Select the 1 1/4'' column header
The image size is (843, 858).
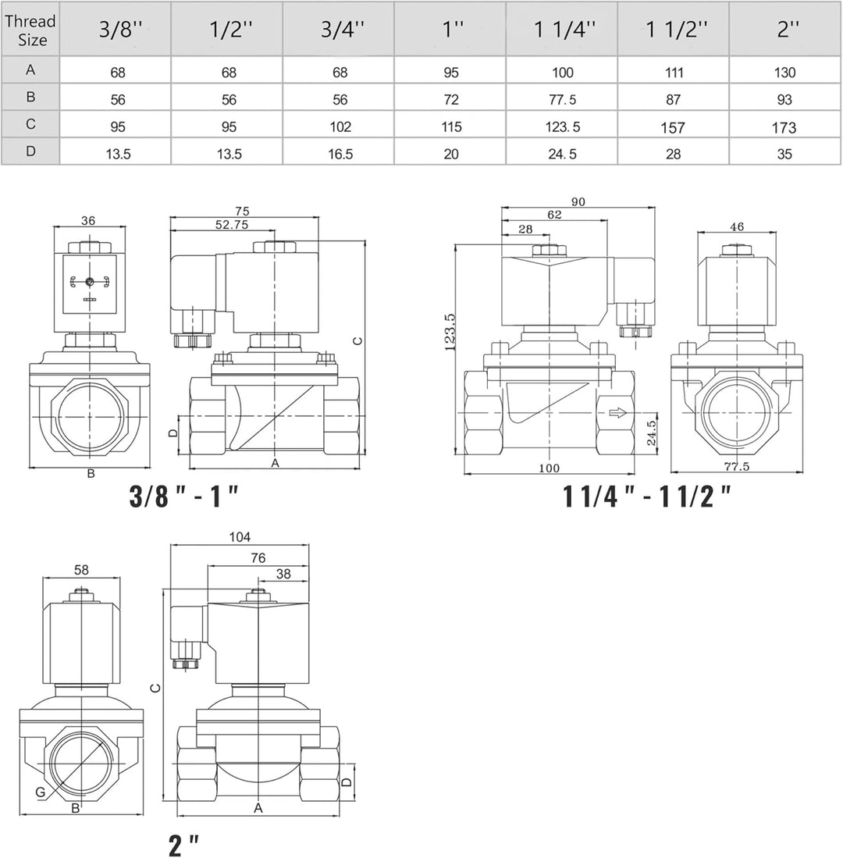(x=562, y=30)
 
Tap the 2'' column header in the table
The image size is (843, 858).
(x=785, y=30)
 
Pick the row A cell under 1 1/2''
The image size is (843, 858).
(x=674, y=73)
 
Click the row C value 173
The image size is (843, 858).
(x=785, y=126)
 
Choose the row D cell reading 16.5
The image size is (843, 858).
(x=338, y=154)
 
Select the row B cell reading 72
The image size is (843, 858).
(x=450, y=100)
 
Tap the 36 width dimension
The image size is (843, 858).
(x=88, y=221)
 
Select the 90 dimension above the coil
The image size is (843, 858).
(x=578, y=201)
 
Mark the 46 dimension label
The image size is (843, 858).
(x=736, y=226)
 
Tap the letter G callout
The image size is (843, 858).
(x=40, y=792)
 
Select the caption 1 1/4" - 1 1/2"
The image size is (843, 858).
(x=648, y=497)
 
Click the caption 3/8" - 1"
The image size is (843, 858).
(x=183, y=497)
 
